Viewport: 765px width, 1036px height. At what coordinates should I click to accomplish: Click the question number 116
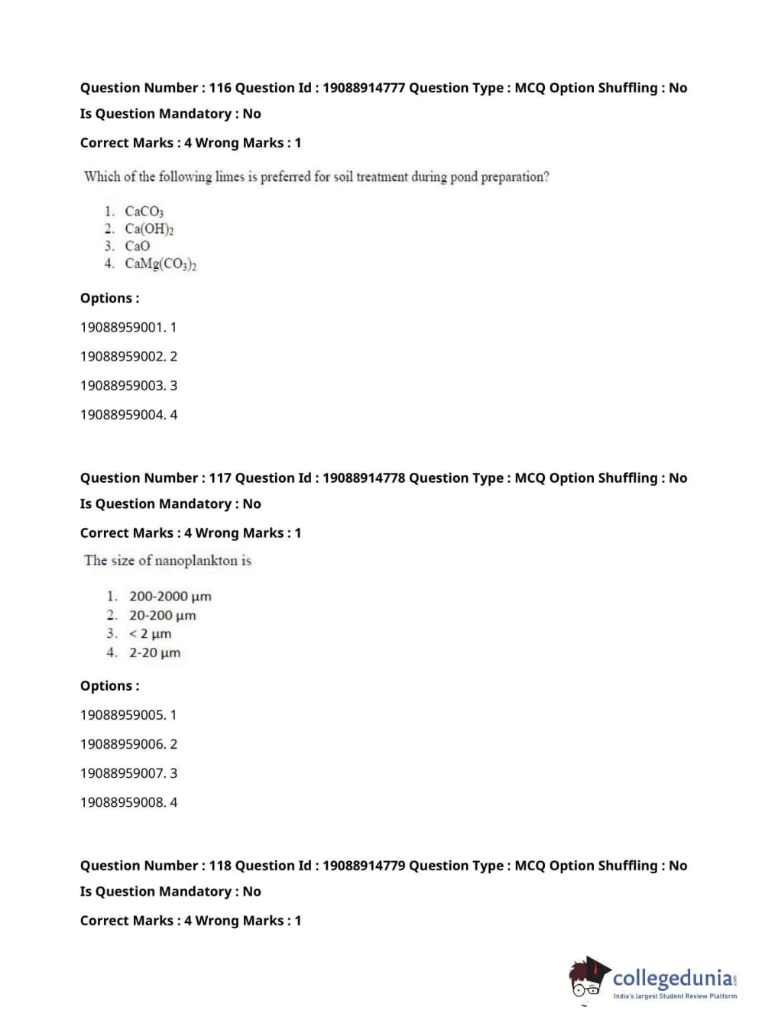coord(220,88)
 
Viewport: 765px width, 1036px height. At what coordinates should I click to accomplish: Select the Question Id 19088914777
coord(364,88)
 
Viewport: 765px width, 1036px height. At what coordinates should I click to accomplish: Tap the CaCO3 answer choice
coord(144,212)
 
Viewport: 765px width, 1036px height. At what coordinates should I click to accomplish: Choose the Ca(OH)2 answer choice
coord(149,229)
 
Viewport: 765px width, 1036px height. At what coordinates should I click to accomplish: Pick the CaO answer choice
coord(138,246)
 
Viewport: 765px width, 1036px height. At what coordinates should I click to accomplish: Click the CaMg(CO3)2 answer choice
coord(160,264)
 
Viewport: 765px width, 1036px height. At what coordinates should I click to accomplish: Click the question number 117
coord(220,478)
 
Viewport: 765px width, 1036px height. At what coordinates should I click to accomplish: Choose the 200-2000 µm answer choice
coord(170,597)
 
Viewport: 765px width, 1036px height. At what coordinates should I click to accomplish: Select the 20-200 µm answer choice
coord(162,616)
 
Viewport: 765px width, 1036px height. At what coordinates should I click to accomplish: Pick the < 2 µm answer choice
coord(150,634)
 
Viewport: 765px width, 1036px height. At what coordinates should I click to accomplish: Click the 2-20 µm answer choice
coord(154,653)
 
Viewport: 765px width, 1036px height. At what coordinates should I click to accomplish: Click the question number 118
coord(220,866)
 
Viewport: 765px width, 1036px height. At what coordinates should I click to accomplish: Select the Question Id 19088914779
coord(364,866)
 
